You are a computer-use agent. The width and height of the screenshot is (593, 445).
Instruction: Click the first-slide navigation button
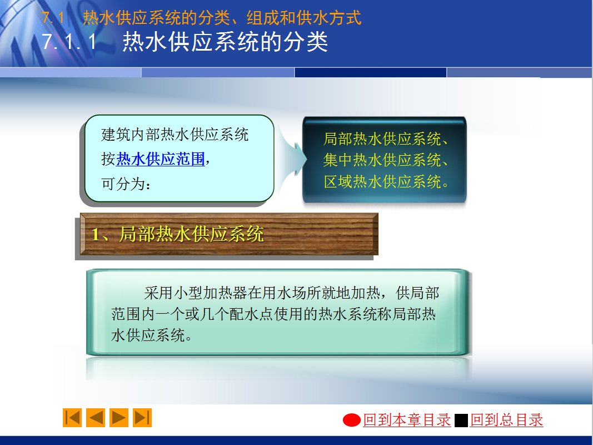click(x=72, y=418)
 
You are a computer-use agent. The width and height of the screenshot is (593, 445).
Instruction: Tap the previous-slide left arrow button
click(x=96, y=418)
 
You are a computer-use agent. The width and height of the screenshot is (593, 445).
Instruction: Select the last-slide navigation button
click(x=142, y=418)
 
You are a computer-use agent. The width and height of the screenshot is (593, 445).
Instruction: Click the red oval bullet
click(x=352, y=420)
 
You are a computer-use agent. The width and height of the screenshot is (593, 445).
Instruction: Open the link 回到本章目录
click(x=407, y=420)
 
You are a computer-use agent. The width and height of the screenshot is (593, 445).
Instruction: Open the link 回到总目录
click(x=506, y=420)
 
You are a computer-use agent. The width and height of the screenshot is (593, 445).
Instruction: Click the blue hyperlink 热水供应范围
click(x=161, y=159)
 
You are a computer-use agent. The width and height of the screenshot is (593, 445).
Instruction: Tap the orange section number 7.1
click(x=53, y=18)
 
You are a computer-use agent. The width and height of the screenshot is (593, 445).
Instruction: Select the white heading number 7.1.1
click(x=69, y=42)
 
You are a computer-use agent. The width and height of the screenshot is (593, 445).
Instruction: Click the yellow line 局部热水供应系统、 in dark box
click(x=386, y=139)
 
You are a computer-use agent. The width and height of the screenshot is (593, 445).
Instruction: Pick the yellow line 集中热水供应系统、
click(x=386, y=160)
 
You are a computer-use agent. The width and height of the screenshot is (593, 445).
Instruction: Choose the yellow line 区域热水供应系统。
click(x=386, y=182)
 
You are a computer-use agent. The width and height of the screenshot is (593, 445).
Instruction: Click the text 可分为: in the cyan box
click(x=126, y=184)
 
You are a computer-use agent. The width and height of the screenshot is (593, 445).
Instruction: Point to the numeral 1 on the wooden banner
click(x=96, y=235)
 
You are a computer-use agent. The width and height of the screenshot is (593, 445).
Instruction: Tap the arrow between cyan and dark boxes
click(x=293, y=160)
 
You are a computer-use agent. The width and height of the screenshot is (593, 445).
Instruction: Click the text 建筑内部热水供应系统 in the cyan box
click(x=175, y=135)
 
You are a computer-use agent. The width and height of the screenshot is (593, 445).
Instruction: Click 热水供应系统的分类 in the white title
click(x=225, y=42)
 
